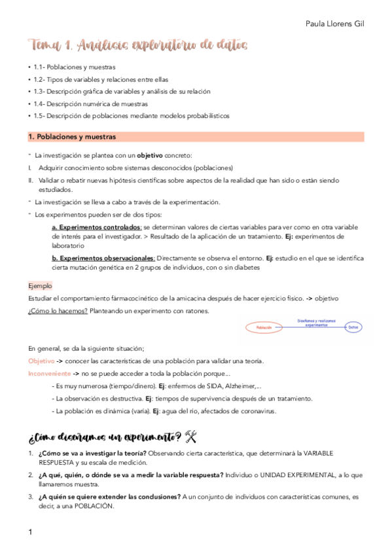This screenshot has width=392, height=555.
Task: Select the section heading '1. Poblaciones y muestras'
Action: (x=72, y=137)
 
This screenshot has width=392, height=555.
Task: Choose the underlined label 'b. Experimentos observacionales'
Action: (x=103, y=258)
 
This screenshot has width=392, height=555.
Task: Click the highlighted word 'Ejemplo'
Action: (x=40, y=286)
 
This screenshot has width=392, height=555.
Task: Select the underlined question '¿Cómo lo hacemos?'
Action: (x=58, y=310)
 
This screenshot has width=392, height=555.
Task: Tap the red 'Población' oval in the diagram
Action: (x=264, y=327)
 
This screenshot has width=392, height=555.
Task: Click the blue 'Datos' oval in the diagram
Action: (x=353, y=327)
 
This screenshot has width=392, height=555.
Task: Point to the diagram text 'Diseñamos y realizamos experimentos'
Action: (x=310, y=322)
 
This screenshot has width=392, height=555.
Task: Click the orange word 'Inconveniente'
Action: (x=49, y=373)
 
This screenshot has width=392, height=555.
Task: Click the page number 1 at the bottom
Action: (x=30, y=532)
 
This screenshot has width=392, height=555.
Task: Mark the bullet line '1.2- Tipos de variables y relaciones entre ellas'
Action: (x=101, y=79)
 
